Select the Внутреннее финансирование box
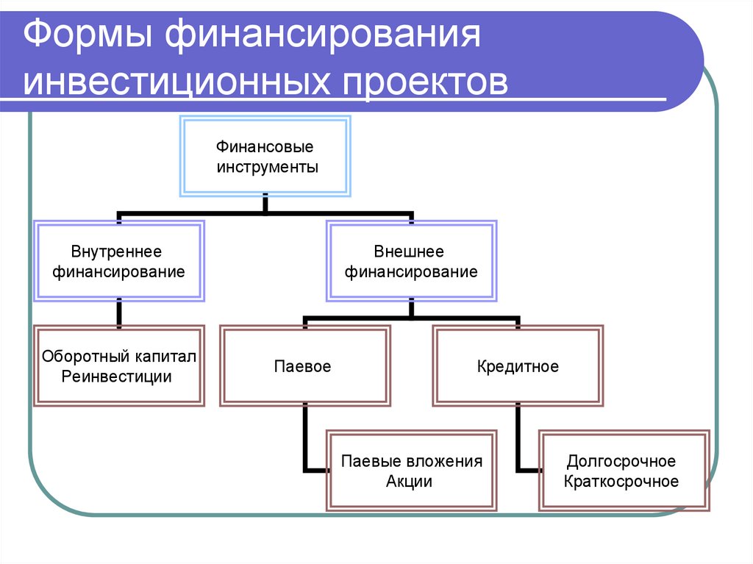[x=119, y=262]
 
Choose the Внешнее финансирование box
[x=411, y=262]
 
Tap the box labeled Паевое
[x=303, y=366]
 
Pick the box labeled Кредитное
[x=518, y=366]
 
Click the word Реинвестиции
[x=117, y=377]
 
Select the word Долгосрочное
[x=621, y=462]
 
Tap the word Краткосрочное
[x=621, y=482]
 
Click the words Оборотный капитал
[x=118, y=357]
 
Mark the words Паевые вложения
[x=411, y=462]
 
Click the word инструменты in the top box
[x=267, y=167]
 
